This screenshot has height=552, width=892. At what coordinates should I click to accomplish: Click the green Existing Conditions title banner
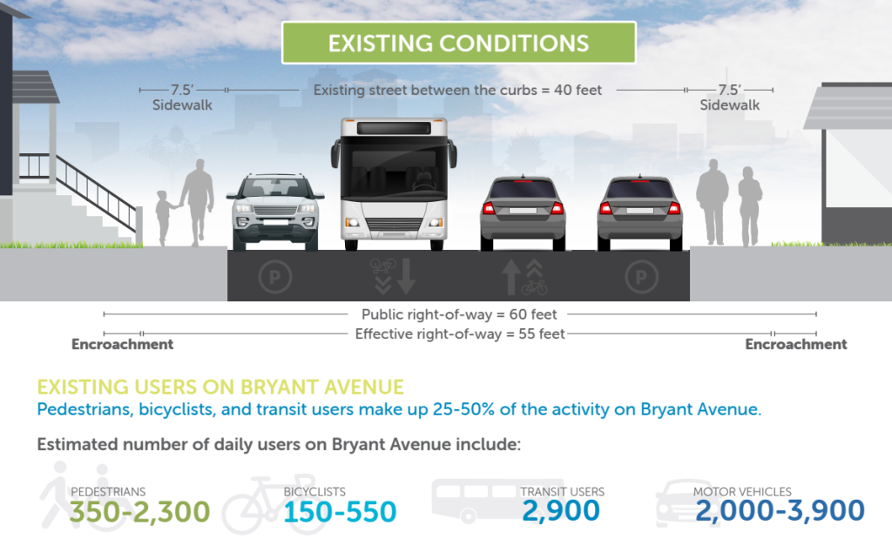[x=458, y=43]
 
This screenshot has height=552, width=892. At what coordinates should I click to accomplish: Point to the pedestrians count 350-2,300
[x=140, y=511]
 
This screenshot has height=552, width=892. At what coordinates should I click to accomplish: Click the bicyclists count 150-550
[x=340, y=512]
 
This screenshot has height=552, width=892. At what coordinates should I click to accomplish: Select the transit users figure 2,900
[x=561, y=511]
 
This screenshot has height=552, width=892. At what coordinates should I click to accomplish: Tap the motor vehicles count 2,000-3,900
[x=780, y=511]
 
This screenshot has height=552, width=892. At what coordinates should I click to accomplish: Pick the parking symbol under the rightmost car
[x=640, y=278]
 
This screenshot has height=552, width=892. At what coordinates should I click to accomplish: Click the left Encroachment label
[x=122, y=344]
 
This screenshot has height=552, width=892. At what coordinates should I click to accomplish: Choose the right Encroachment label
[x=795, y=344]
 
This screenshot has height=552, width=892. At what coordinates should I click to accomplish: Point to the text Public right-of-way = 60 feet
[x=459, y=314]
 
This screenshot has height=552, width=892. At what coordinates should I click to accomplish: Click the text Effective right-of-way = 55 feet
[x=459, y=333]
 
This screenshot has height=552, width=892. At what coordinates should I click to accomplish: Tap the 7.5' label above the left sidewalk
[x=182, y=90]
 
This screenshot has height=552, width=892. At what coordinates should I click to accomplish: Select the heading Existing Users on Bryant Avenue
[x=220, y=387]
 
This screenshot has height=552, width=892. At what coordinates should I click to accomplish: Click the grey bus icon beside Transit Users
[x=470, y=501]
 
